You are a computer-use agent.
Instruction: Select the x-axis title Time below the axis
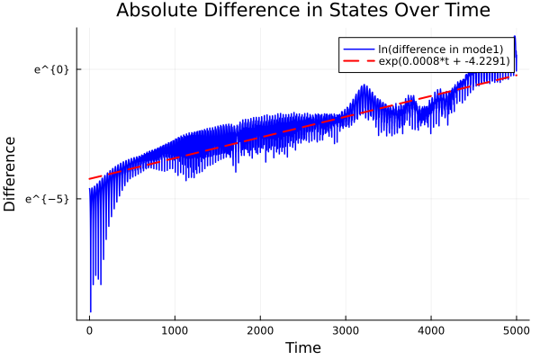point(302,348)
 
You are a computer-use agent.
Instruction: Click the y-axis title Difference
point(11,174)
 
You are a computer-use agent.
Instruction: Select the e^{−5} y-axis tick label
point(49,198)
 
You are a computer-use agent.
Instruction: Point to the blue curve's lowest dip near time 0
point(91,310)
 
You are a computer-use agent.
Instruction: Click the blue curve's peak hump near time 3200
point(363,86)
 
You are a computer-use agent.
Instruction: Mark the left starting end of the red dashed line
point(89,178)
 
